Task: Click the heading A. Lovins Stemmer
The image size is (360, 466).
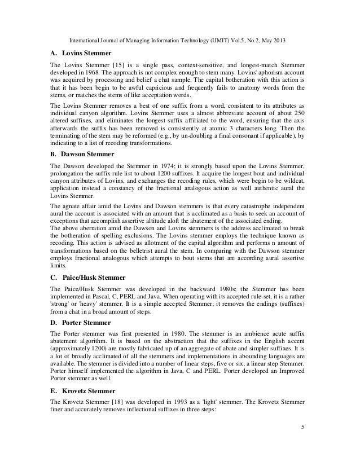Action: [x=73, y=54]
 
